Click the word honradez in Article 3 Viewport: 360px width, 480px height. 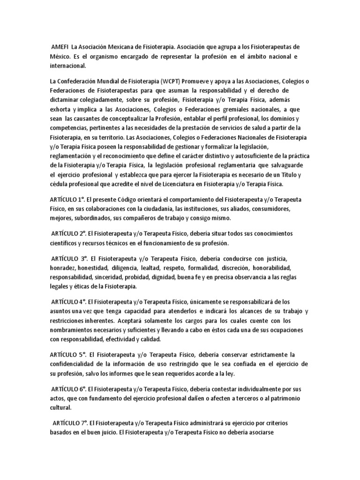click(x=63, y=268)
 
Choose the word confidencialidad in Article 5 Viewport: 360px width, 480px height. click(x=76, y=364)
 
